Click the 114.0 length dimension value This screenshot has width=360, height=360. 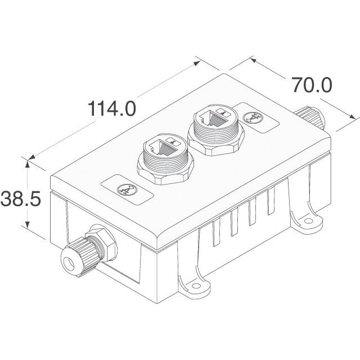click(x=112, y=108)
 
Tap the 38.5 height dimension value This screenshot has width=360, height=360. click(x=21, y=199)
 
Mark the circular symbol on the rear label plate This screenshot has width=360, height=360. click(x=252, y=118)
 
